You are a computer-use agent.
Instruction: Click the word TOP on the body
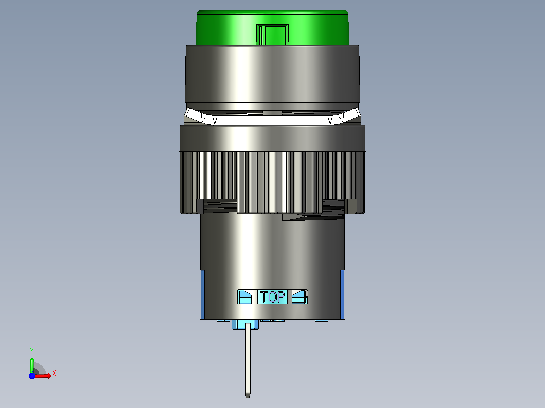click(273, 297)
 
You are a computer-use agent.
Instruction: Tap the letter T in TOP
click(264, 297)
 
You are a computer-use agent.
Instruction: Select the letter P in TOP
click(282, 297)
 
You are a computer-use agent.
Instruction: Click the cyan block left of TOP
click(245, 297)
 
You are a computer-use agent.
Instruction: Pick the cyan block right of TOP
click(300, 297)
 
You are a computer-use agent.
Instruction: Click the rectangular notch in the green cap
click(272, 34)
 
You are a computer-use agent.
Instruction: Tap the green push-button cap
click(272, 27)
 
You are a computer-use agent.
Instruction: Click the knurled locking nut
click(272, 170)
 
